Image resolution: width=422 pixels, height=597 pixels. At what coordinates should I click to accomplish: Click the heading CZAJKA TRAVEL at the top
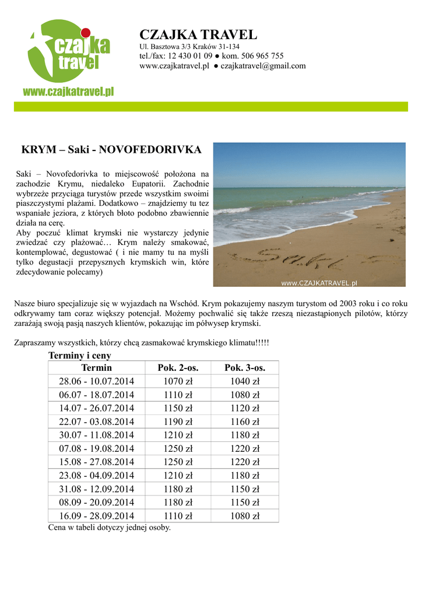[198, 34]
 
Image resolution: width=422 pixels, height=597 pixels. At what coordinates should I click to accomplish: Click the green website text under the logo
[68, 91]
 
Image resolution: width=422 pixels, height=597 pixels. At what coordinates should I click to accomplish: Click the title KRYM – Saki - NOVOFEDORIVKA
[111, 150]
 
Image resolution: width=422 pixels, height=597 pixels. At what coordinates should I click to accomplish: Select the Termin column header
[97, 368]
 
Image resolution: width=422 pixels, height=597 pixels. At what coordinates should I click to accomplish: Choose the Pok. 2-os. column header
[178, 368]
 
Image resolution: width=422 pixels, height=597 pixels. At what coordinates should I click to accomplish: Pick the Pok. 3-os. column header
[245, 368]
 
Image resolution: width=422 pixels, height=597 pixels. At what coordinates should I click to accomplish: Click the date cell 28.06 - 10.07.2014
[97, 381]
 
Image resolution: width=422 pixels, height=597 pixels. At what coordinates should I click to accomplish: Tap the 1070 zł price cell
[178, 381]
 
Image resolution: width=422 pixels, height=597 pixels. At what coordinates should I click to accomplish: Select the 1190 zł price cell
[178, 422]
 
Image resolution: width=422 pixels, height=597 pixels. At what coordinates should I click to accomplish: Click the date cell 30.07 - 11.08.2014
[97, 435]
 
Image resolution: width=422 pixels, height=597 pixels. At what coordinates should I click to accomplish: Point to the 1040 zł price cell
[245, 381]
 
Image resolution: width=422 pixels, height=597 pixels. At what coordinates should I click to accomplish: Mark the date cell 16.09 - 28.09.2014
[97, 515]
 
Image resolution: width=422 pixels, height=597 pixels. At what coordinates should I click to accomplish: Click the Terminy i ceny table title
[80, 355]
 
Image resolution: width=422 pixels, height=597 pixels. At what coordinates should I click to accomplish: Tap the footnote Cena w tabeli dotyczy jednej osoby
[110, 528]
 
